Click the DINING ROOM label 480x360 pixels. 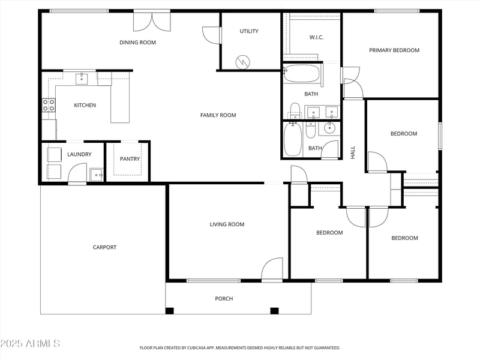[x=137, y=42]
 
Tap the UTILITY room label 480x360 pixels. [x=249, y=31]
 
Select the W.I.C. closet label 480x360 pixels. [x=316, y=37]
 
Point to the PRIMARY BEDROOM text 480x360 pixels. [x=394, y=50]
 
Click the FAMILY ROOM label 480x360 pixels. [x=218, y=115]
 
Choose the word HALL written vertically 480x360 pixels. [x=353, y=152]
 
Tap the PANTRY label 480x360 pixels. [x=130, y=159]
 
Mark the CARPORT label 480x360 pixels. [x=104, y=247]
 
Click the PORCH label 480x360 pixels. [x=224, y=298]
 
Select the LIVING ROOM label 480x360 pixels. [x=227, y=224]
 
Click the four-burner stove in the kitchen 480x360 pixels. [x=49, y=106]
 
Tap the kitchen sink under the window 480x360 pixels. [x=82, y=78]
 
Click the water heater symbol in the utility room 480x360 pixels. [x=242, y=61]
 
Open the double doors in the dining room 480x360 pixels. [x=152, y=21]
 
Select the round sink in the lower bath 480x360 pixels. [x=329, y=127]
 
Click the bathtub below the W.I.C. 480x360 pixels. [x=301, y=74]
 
